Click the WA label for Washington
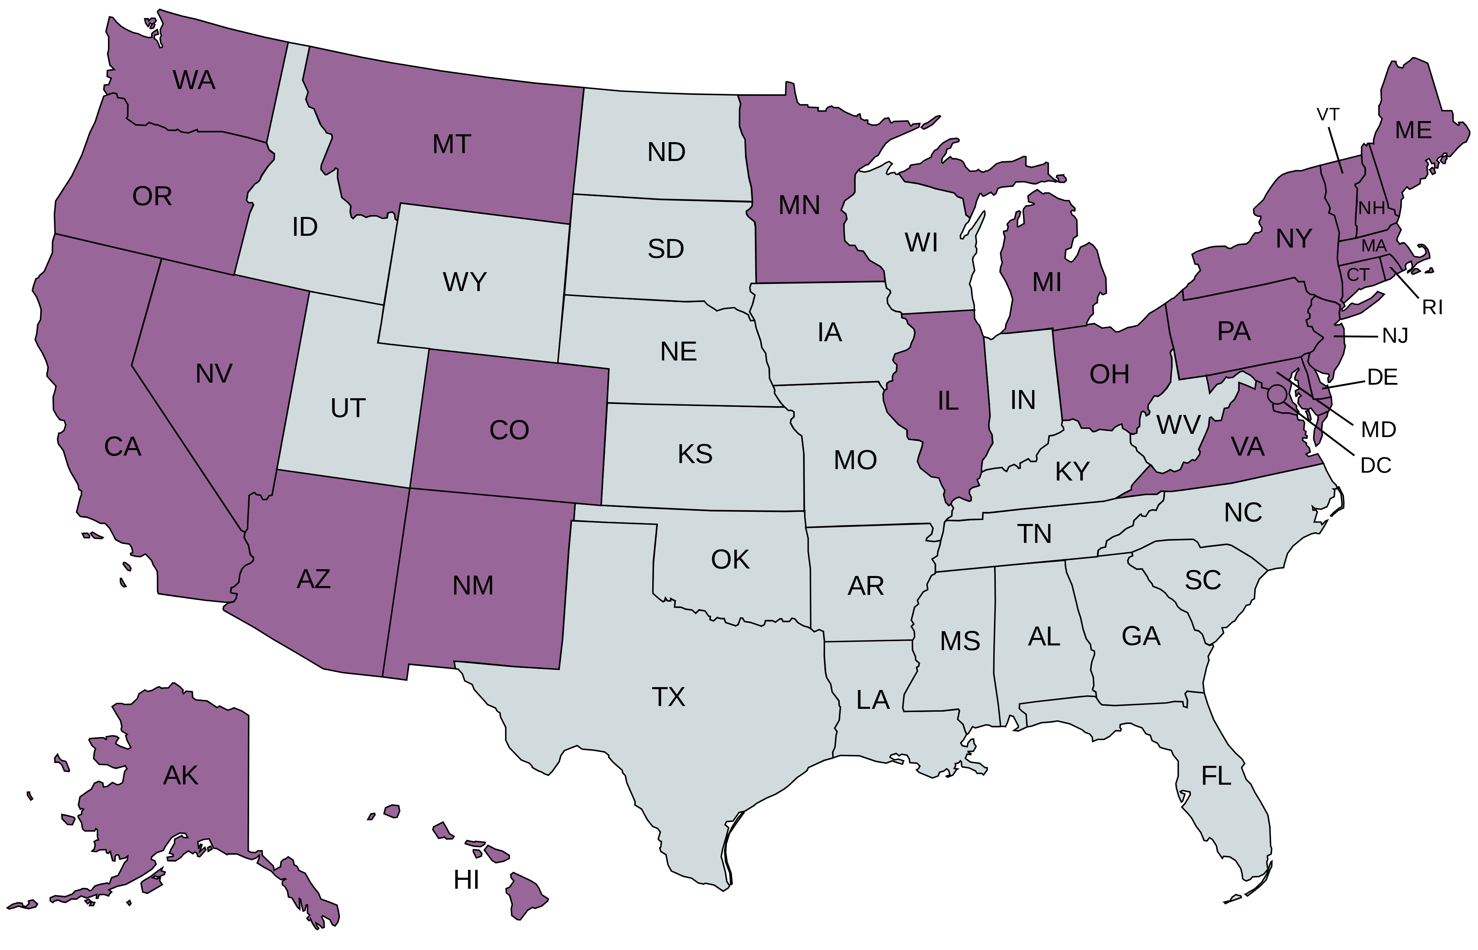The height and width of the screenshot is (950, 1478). [194, 80]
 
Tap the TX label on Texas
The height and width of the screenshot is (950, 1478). [668, 697]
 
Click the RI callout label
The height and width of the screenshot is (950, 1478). [1432, 307]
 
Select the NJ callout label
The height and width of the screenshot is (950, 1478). [1395, 336]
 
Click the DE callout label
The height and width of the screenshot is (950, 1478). [1382, 378]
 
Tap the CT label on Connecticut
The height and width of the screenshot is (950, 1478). [1358, 275]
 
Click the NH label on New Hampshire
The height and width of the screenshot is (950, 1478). [1371, 208]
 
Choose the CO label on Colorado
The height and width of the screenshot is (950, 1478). [509, 431]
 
